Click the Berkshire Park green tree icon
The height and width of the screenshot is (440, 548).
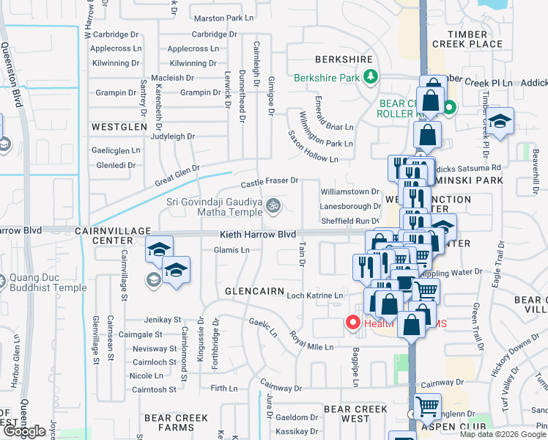point(371,76)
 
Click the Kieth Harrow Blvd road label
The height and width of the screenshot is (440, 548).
point(258,234)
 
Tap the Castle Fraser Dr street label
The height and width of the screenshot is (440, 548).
point(270,180)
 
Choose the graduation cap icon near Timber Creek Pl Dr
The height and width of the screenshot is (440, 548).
point(500,121)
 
